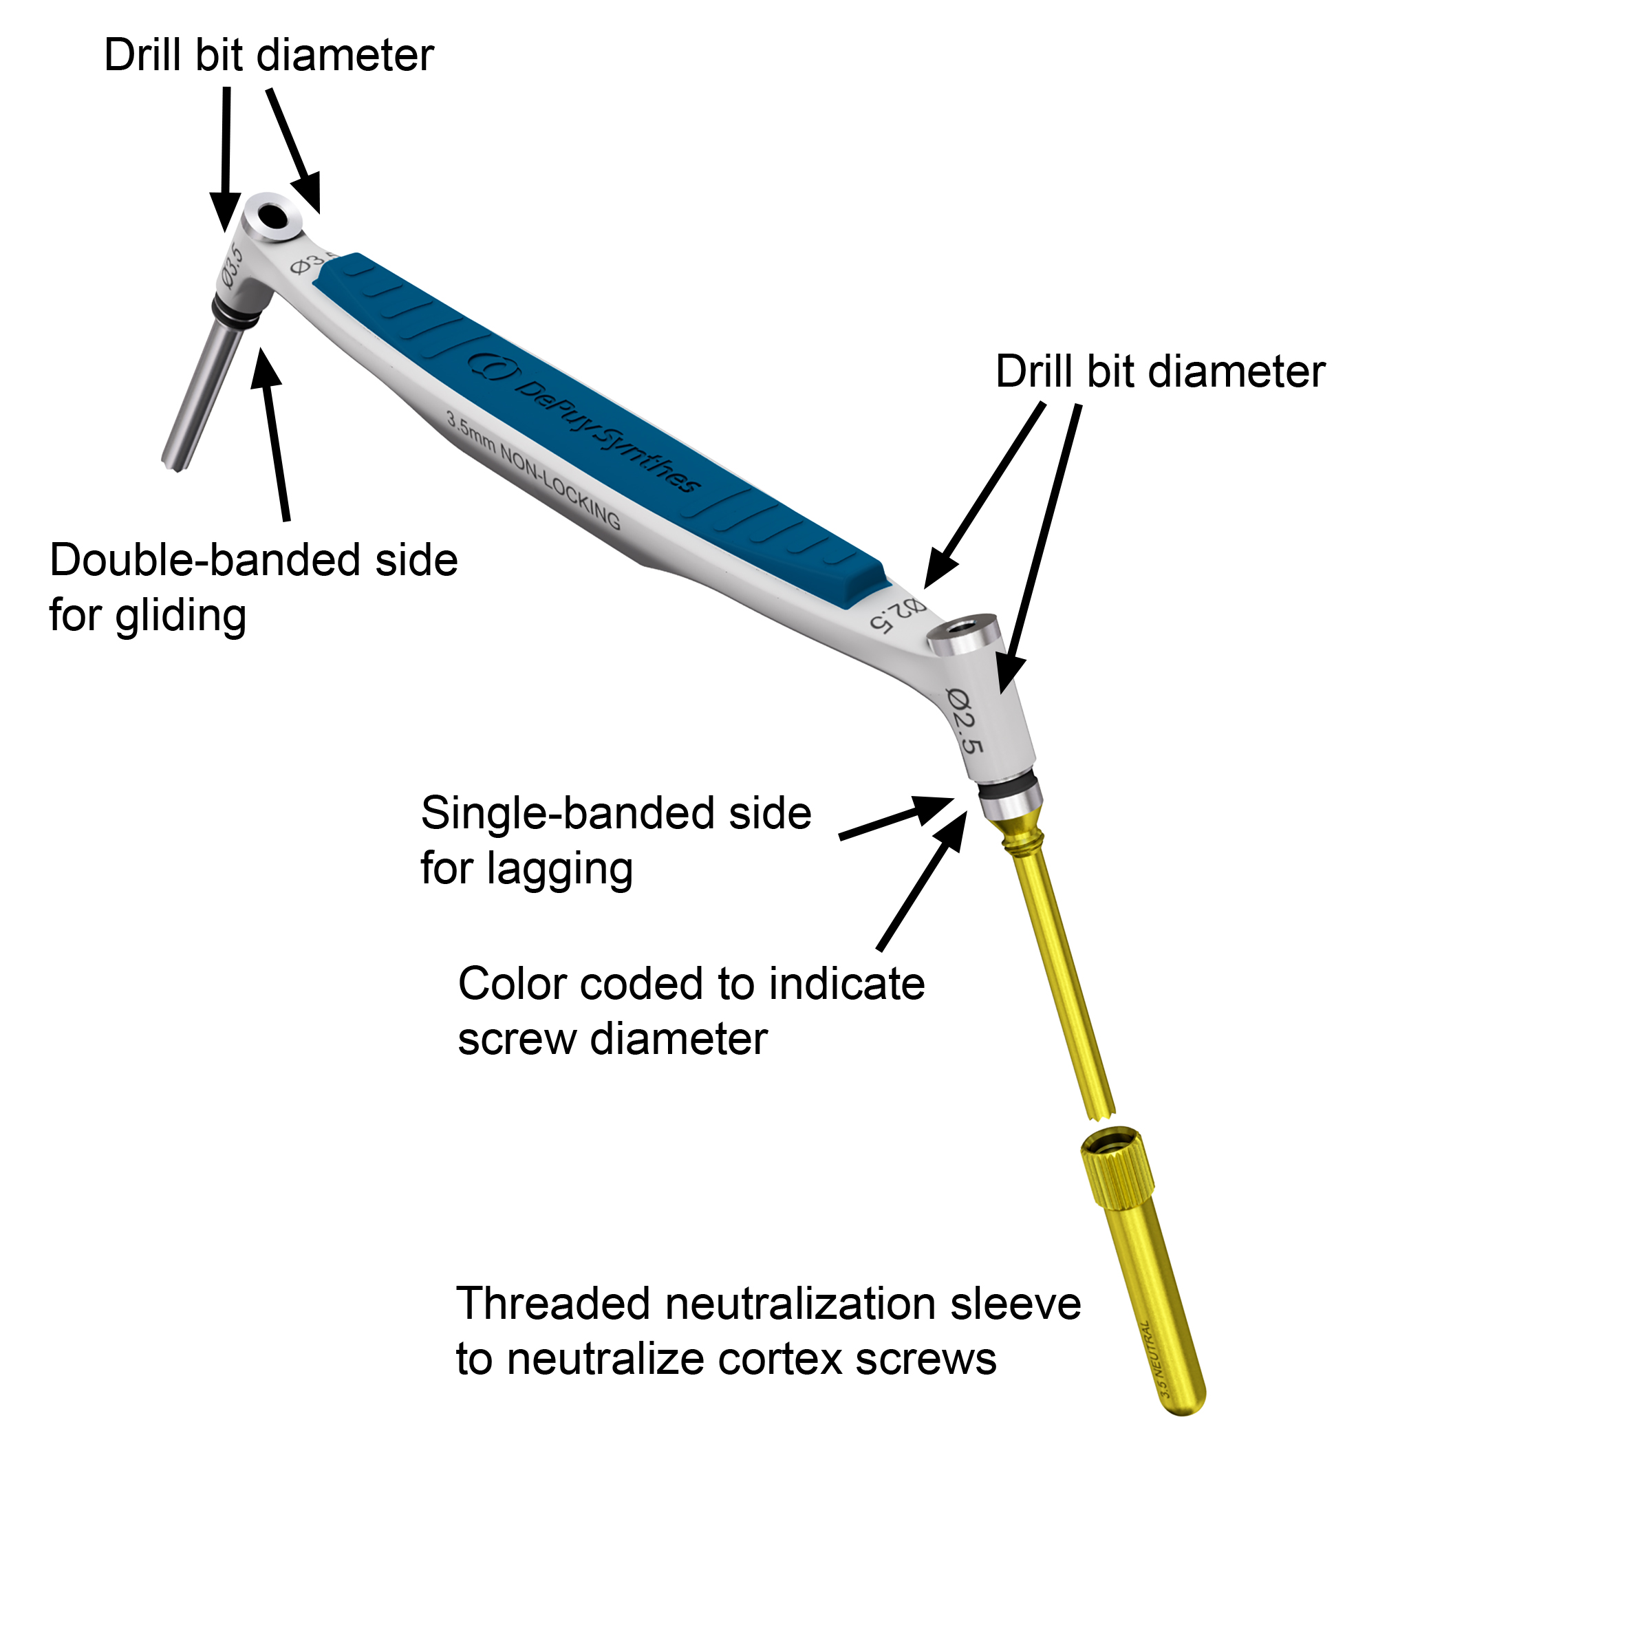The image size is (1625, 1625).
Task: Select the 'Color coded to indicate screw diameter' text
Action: pyautogui.click(x=690, y=1011)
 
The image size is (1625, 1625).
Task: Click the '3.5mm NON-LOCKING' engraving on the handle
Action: pyautogui.click(x=533, y=471)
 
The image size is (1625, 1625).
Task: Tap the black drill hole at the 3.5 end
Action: pyautogui.click(x=273, y=216)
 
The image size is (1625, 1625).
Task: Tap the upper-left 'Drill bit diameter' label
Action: pyautogui.click(x=268, y=56)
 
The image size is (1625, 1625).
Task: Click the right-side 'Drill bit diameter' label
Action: pyautogui.click(x=1160, y=372)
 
